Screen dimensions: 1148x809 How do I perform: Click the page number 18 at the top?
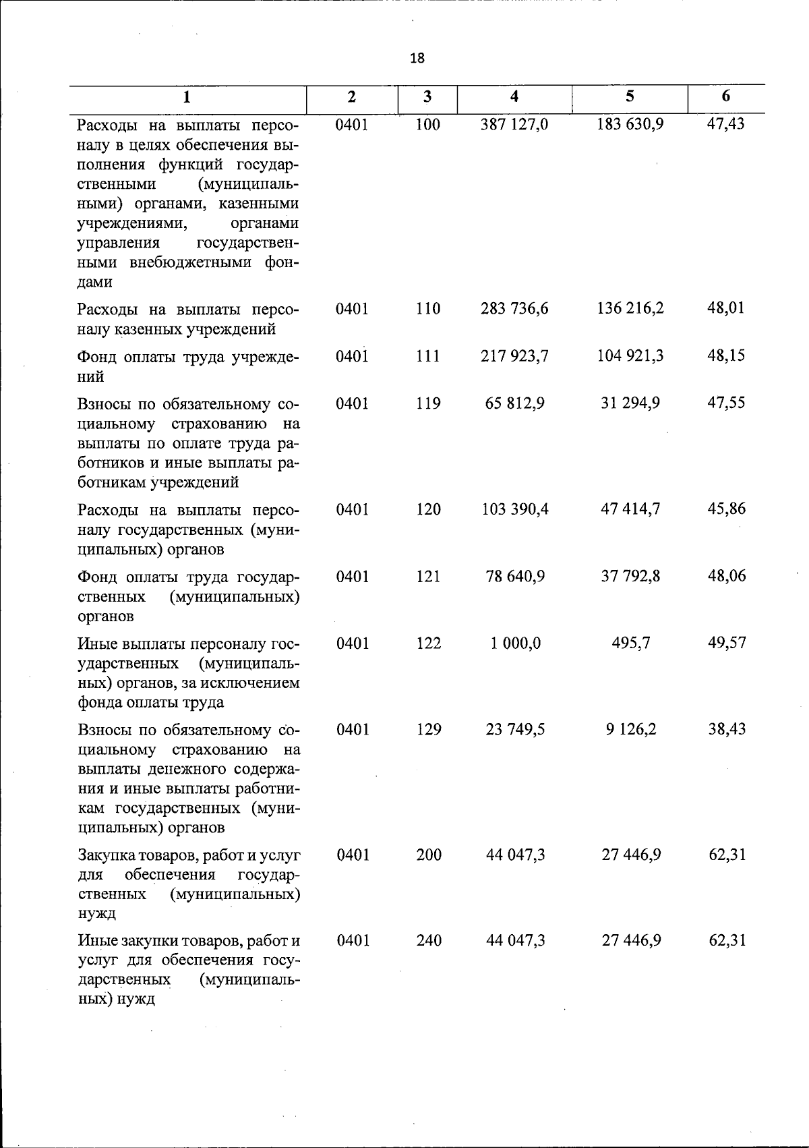tap(417, 58)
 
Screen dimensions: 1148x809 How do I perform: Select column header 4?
tap(514, 96)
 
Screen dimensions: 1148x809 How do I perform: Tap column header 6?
tap(725, 96)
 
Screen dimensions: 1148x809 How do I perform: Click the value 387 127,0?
tap(514, 125)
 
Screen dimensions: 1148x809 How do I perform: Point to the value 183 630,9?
tap(630, 125)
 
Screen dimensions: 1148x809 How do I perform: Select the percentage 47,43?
tap(726, 125)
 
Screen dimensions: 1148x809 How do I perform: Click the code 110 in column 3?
tap(428, 309)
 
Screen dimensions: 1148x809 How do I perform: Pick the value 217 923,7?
tap(514, 356)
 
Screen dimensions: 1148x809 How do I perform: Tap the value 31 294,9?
tap(630, 403)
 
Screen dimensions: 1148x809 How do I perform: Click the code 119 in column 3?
tap(428, 403)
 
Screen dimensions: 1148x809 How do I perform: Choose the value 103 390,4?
tap(514, 509)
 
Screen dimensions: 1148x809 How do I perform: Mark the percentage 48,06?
tap(727, 576)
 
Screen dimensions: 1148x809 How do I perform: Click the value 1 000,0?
tap(515, 643)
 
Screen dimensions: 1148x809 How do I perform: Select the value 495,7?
tap(631, 643)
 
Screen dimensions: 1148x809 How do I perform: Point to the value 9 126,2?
tap(631, 729)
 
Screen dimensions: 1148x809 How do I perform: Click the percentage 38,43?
tap(727, 729)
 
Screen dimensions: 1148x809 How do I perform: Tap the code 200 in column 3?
tap(429, 855)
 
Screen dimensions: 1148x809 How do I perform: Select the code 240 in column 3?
tap(429, 940)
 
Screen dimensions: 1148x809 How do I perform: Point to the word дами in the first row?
tap(94, 282)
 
